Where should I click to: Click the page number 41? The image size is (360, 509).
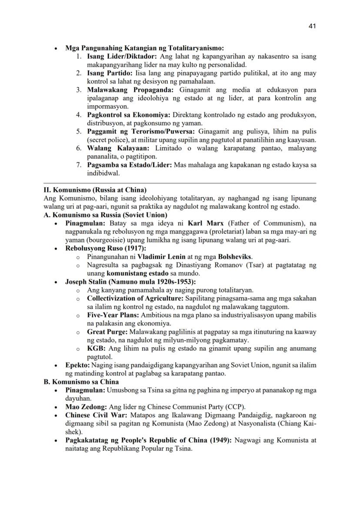coord(312,26)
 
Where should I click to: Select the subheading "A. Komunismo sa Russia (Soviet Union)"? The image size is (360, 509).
coord(105,215)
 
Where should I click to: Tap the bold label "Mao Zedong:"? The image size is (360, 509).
coord(85,407)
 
